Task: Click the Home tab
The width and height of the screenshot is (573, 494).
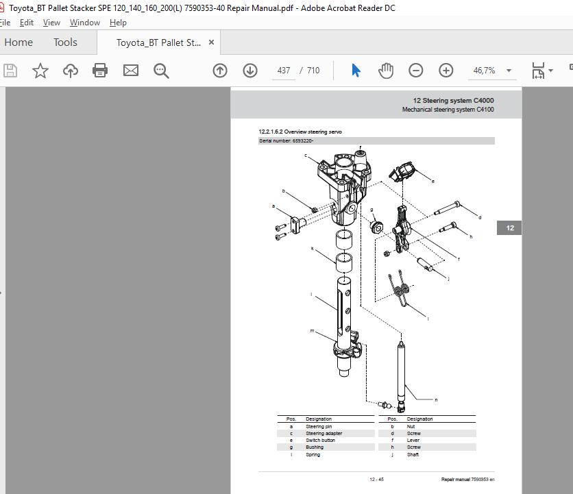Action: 19,42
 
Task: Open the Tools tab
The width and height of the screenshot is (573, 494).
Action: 65,42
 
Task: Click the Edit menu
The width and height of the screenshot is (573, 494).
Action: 27,23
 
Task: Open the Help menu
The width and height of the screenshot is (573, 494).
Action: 118,23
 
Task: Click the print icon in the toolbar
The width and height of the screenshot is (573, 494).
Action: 100,71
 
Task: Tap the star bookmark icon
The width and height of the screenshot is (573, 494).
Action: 40,71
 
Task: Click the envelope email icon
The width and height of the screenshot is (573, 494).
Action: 130,71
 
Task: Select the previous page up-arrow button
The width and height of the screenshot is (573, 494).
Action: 220,71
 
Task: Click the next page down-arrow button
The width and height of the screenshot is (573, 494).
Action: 250,71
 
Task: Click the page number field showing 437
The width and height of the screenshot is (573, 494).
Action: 283,71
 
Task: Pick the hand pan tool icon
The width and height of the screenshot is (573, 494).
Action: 386,71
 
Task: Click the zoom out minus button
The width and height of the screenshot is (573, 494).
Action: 416,71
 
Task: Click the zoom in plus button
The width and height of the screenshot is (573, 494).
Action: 446,71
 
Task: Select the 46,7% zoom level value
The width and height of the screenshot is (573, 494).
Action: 484,71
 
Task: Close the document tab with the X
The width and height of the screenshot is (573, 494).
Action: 211,42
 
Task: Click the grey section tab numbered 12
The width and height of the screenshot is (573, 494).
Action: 510,228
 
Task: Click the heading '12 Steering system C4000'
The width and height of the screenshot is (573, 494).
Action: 453,101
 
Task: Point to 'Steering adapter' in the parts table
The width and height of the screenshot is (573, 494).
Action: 324,434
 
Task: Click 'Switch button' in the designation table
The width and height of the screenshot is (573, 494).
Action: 320,441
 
